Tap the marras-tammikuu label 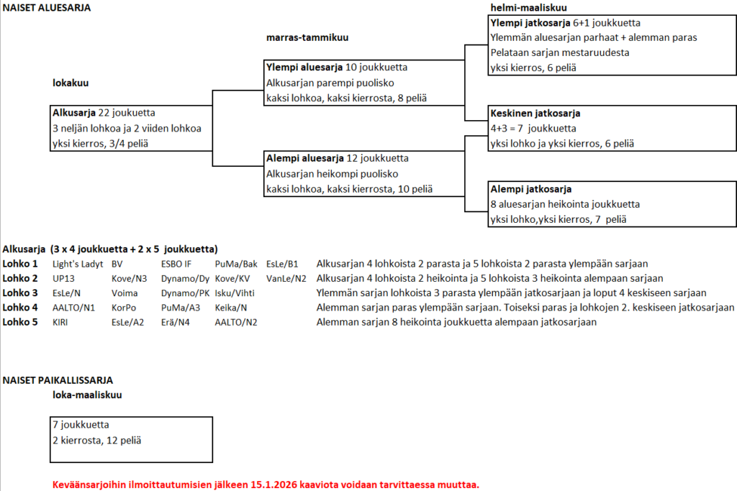pos(308,37)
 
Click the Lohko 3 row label pos(20,293)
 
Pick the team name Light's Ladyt pos(76,264)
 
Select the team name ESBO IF pos(176,264)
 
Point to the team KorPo pos(124,307)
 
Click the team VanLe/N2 pos(286,278)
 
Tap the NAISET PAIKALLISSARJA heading pos(58,380)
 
